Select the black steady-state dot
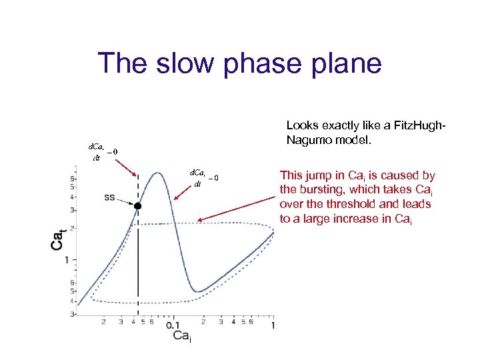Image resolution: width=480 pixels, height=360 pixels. pos(138,207)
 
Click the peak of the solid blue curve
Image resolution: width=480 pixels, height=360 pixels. pos(157,173)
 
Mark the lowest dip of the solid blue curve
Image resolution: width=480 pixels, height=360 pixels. pos(195,291)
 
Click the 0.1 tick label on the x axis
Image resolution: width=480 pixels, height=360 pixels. pos(173,325)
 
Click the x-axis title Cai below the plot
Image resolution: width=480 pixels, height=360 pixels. pos(182,337)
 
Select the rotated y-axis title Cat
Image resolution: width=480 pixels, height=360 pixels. pos(58,239)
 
